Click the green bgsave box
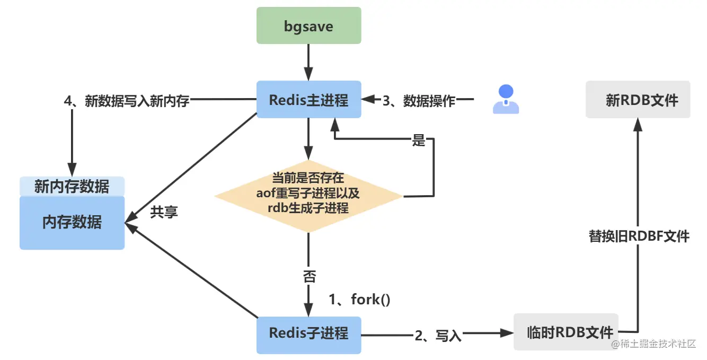coord(308,25)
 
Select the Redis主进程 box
coord(308,99)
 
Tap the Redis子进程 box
coord(308,333)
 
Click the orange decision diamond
coord(308,196)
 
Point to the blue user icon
coord(506,99)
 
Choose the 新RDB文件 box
coord(638,100)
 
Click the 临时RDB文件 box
coord(566,332)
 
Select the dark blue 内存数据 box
coord(72,223)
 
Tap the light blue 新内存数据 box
coord(72,186)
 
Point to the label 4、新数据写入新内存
coord(126,100)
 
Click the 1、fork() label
coord(359,300)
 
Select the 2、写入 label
coord(438,335)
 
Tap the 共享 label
coord(164,212)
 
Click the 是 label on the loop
coord(419,141)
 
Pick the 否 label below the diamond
coord(309,276)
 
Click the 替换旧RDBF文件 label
coord(639,236)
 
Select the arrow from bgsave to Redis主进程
coord(308,62)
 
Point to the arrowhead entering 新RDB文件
coord(638,124)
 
